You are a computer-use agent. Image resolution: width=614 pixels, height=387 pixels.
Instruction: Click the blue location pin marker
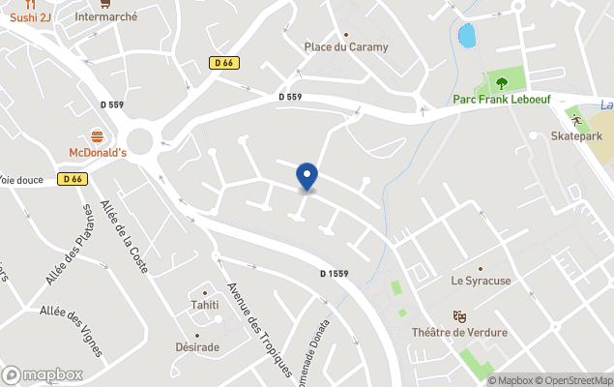[x=307, y=176]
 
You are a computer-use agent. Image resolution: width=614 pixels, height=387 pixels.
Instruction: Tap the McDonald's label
[x=98, y=153]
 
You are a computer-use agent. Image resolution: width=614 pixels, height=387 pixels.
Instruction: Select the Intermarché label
[x=106, y=16]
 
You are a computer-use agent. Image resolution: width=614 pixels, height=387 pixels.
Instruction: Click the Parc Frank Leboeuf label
[x=502, y=99]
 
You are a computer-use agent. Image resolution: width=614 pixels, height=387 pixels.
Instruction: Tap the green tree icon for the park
[x=502, y=80]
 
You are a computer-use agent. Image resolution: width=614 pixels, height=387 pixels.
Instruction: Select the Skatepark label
[x=576, y=136]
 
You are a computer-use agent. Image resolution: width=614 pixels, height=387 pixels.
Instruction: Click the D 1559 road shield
[x=335, y=274]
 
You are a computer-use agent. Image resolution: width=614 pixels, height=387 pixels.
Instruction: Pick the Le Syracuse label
[x=481, y=281]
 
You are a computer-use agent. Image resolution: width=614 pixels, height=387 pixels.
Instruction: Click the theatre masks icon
[x=460, y=315]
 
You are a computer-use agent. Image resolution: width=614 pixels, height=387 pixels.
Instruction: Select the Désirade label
[x=198, y=346]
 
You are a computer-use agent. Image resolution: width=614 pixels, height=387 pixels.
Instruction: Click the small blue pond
[x=467, y=36]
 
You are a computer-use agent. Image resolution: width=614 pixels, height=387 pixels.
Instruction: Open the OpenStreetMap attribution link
[x=575, y=380]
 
